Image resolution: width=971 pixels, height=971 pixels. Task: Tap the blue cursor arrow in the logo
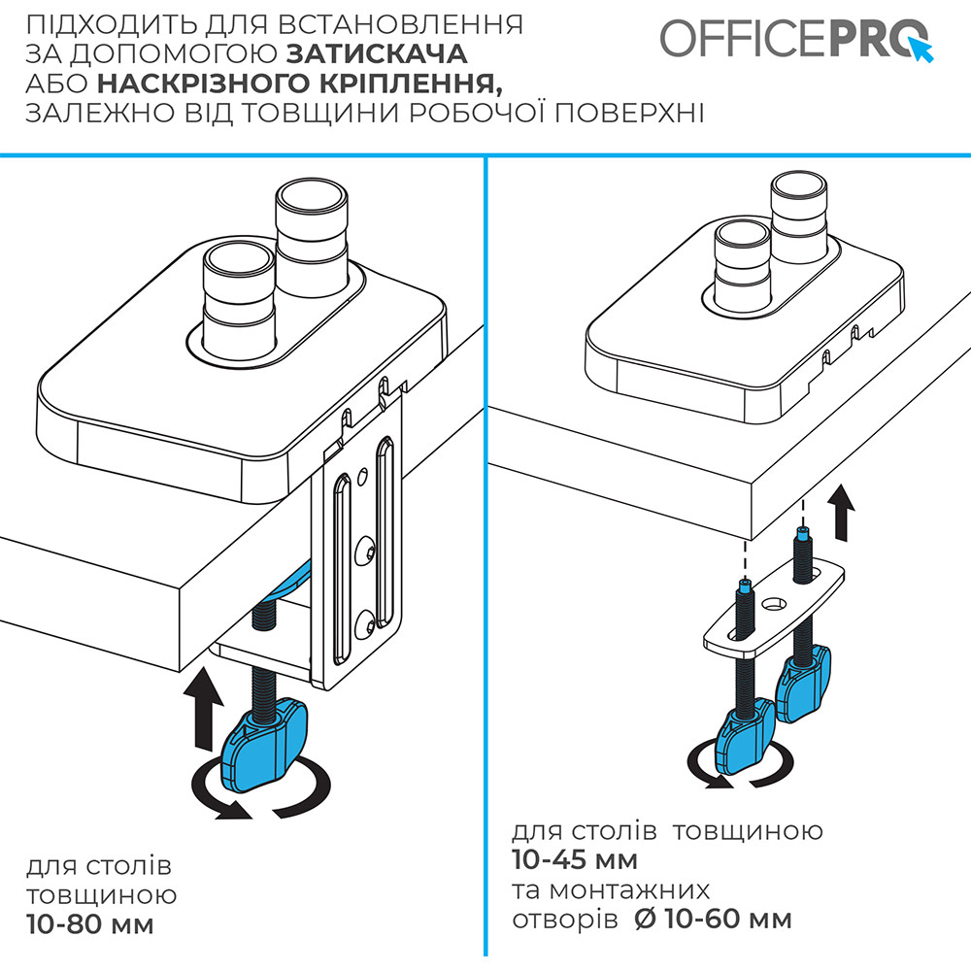point(920,48)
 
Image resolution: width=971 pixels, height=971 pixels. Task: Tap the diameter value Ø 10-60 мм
point(713,919)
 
